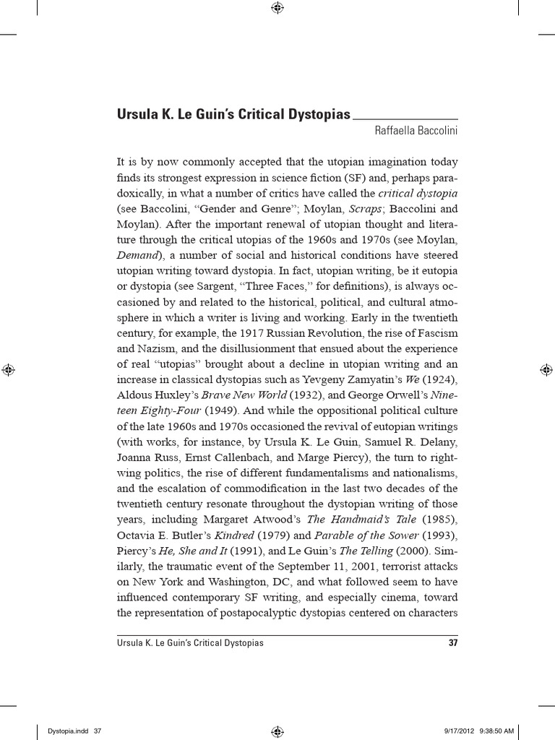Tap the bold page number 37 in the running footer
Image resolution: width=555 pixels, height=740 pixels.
pyautogui.click(x=453, y=642)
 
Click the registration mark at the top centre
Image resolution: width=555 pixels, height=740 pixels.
pyautogui.click(x=277, y=8)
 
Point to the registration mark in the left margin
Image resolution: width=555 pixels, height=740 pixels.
pyautogui.click(x=8, y=369)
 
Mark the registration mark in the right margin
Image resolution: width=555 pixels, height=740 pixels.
pyautogui.click(x=546, y=369)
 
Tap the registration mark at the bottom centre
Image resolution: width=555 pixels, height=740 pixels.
pyautogui.click(x=277, y=731)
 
